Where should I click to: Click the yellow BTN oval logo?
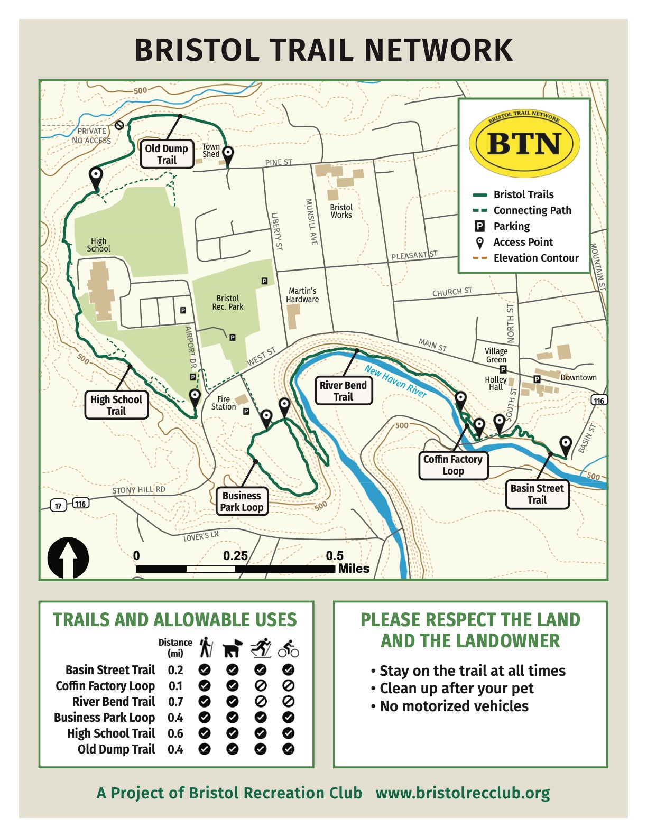524,143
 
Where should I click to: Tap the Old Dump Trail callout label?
167,154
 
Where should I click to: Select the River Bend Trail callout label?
344,391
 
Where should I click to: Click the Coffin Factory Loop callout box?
453,465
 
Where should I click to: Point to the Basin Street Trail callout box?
537,494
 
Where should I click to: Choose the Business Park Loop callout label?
242,501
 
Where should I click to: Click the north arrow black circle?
68,559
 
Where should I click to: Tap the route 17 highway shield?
58,506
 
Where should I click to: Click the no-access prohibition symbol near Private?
119,125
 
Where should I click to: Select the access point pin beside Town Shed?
228,154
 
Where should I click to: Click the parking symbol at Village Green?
503,369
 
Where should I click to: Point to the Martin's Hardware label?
302,295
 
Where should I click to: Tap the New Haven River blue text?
395,381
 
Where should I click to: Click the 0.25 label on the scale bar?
235,555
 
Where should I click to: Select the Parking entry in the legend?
511,226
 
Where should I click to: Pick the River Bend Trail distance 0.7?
175,702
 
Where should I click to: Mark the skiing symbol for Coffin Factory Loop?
260,686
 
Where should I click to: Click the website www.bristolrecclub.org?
463,793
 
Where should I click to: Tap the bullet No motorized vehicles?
454,706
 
